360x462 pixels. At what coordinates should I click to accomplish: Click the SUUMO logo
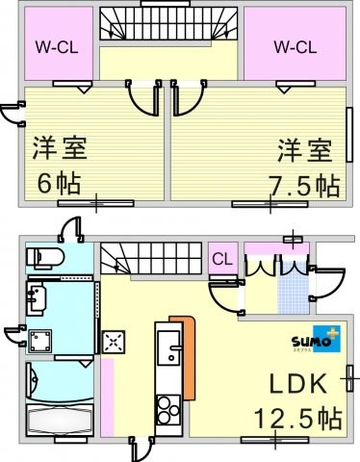point(316,339)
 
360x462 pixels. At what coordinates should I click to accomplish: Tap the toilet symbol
point(45,258)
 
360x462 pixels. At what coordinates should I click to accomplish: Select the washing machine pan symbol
point(40,341)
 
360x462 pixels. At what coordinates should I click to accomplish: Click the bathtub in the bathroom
point(60,420)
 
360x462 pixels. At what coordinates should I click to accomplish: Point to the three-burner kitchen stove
point(168,410)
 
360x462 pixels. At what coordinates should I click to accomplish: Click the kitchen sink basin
point(168,347)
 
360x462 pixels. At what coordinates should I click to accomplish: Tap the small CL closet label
point(222,259)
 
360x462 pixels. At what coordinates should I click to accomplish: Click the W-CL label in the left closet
point(57,47)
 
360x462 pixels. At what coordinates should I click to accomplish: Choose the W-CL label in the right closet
point(296,47)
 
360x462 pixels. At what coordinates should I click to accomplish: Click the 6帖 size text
point(59,183)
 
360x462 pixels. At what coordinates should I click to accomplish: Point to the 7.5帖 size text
point(304,186)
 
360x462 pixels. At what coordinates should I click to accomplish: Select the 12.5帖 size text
point(297,419)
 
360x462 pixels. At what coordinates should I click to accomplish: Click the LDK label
point(297,384)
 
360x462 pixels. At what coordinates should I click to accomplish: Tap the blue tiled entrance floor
point(294,288)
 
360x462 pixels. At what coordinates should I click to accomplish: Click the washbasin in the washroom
point(37,299)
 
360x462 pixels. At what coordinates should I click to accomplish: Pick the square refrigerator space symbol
point(114,342)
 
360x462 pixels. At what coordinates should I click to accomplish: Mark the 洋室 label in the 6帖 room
point(60,148)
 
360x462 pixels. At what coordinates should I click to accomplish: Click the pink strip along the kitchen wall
point(108,398)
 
